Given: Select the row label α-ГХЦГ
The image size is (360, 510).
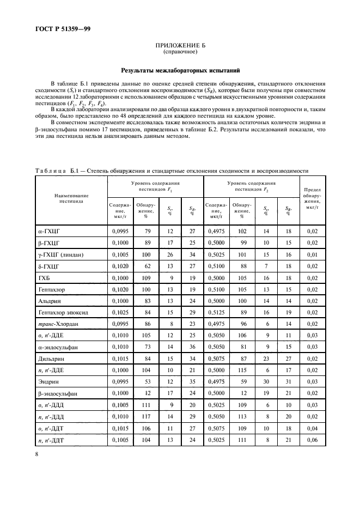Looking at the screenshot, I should point(47,231).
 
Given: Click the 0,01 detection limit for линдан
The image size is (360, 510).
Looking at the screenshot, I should point(312,254).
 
